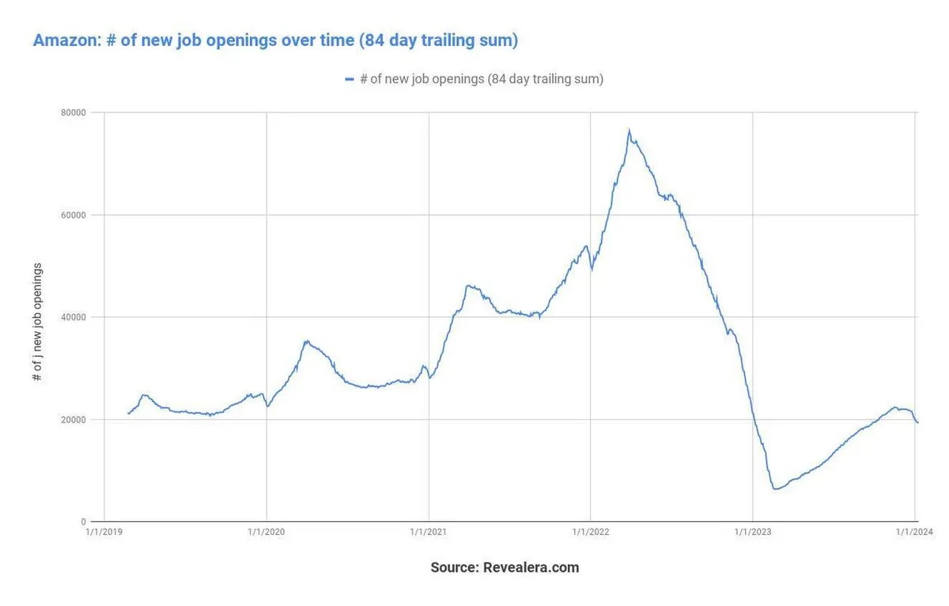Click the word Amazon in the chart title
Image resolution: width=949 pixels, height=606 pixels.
pos(65,40)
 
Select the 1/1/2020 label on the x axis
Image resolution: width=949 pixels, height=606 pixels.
pos(267,532)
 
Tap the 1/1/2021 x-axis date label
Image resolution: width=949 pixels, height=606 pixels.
pos(429,532)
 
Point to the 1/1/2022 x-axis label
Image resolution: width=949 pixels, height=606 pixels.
pos(591,532)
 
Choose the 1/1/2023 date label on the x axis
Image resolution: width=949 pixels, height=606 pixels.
pos(753,532)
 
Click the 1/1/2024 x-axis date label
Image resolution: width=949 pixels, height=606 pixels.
pos(915,532)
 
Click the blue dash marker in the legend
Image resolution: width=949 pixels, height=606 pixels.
pos(350,79)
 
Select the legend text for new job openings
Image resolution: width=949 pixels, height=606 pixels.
pos(482,79)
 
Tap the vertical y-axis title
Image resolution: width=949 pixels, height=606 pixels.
pos(37,322)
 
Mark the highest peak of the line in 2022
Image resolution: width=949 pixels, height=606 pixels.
pos(629,131)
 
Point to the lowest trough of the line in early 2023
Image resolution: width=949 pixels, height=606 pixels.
pos(775,489)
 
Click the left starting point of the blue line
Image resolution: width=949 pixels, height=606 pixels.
pos(128,414)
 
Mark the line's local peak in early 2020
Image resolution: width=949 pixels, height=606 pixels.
pos(306,341)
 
